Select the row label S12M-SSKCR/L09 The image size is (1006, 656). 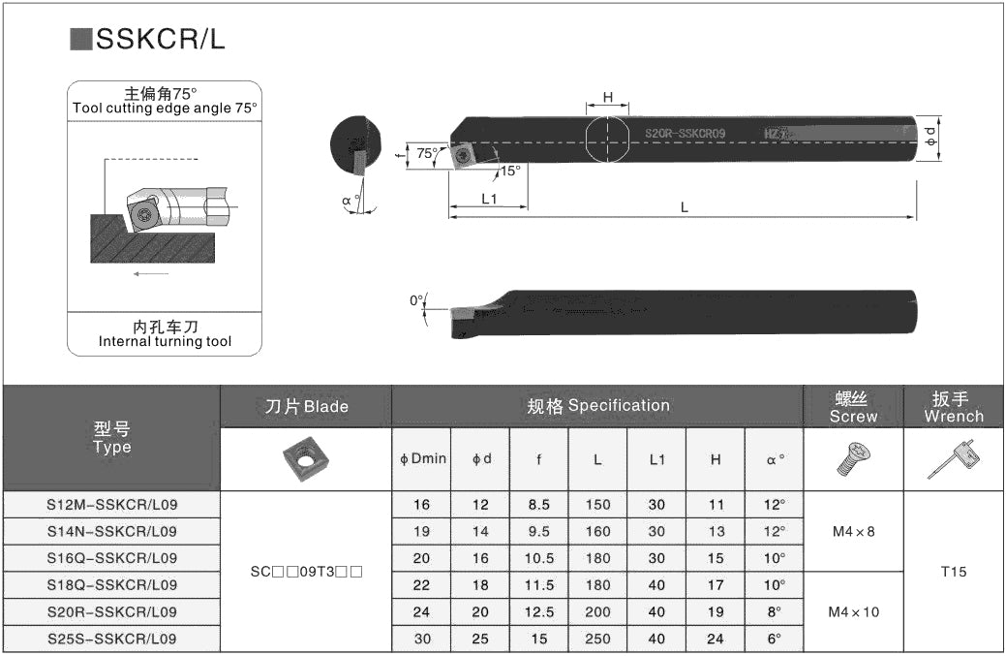click(112, 505)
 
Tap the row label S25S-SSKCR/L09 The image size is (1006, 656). click(112, 640)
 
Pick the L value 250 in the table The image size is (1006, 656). click(597, 640)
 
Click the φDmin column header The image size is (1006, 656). click(423, 458)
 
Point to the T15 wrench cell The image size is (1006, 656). click(954, 572)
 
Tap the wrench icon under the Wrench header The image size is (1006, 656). click(954, 458)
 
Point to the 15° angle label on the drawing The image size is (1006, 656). click(510, 171)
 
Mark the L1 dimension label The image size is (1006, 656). click(489, 199)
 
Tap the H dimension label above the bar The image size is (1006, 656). click(608, 97)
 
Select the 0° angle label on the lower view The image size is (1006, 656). click(416, 300)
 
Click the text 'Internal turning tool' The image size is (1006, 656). click(165, 341)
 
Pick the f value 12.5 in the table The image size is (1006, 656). click(538, 612)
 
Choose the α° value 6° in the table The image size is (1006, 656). click(774, 640)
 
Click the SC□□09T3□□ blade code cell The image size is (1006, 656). click(305, 572)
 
